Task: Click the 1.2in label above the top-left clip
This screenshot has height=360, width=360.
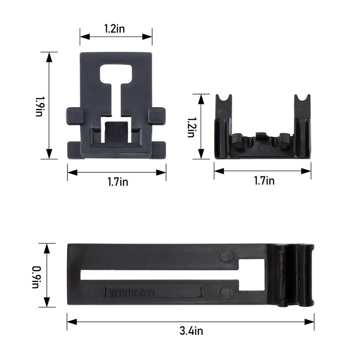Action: pyautogui.click(x=115, y=29)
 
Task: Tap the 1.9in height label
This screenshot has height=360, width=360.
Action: pyautogui.click(x=39, y=106)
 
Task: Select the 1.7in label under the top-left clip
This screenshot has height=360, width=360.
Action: pyautogui.click(x=118, y=182)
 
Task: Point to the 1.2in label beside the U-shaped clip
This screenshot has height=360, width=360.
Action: pyautogui.click(x=191, y=127)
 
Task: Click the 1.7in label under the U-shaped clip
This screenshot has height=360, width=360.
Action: pyautogui.click(x=264, y=180)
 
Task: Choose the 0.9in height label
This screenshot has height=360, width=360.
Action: pyautogui.click(x=36, y=277)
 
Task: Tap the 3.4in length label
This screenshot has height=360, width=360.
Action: pyautogui.click(x=191, y=331)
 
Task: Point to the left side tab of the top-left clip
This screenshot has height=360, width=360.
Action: pyautogui.click(x=75, y=116)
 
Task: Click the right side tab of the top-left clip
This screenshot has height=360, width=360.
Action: pyautogui.click(x=157, y=116)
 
